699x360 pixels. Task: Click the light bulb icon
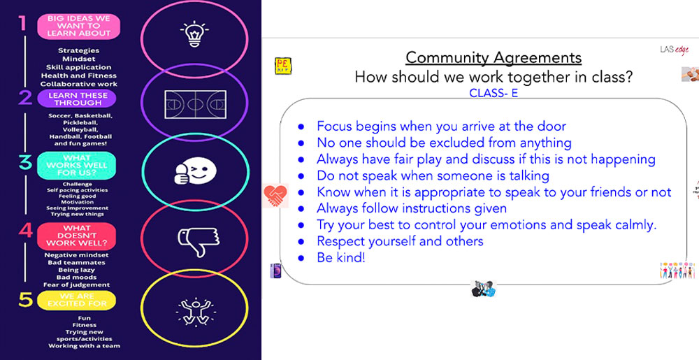(x=194, y=34)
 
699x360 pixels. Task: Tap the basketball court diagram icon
(x=195, y=104)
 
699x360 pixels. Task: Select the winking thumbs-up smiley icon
(x=194, y=171)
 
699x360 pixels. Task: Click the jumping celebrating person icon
(x=195, y=309)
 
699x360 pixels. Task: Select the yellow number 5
(x=25, y=300)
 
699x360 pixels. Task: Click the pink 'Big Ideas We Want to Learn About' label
(x=78, y=27)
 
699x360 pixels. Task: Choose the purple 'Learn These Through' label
(x=78, y=99)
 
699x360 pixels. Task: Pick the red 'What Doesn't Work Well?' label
(x=77, y=236)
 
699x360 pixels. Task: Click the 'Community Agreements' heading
(x=493, y=58)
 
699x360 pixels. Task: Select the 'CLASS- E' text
(x=493, y=94)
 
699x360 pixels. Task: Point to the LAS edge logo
(x=674, y=50)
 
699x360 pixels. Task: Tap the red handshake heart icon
(x=275, y=196)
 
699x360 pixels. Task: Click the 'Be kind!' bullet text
(x=341, y=257)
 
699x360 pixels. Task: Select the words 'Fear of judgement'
(x=77, y=285)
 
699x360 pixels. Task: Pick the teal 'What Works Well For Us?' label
(x=77, y=166)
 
